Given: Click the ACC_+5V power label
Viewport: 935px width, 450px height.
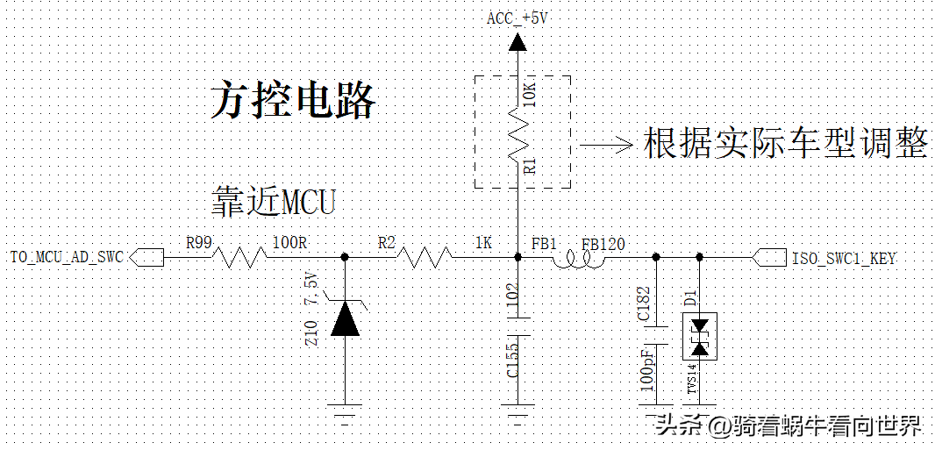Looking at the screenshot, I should tap(517, 18).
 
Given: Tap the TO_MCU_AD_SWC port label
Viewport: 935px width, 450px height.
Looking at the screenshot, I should tap(68, 257).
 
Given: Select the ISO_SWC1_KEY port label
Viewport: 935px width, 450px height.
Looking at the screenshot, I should tap(843, 258).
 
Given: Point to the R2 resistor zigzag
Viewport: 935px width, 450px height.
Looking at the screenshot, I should tap(425, 257).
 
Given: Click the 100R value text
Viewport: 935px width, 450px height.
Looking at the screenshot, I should tap(289, 243).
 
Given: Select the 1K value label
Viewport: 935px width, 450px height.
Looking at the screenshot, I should tap(482, 243).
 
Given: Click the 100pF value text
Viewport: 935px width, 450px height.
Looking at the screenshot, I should tap(646, 368).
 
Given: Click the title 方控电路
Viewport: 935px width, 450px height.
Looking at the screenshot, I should tap(293, 101).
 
